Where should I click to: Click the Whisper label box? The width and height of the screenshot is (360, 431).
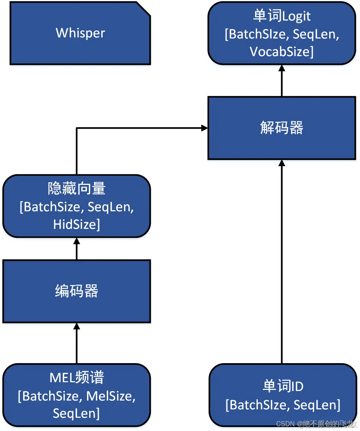pyautogui.click(x=80, y=33)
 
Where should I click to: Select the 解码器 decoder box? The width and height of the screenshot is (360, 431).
pyautogui.click(x=281, y=128)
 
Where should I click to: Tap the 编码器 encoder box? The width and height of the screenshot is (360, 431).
pyautogui.click(x=76, y=291)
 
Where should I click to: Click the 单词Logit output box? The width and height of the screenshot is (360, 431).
pyautogui.click(x=281, y=33)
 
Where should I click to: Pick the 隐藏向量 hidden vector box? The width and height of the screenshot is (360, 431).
pyautogui.click(x=76, y=207)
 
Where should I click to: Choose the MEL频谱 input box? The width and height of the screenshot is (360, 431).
pyautogui.click(x=76, y=395)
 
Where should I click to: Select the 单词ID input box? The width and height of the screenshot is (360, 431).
pyautogui.click(x=283, y=395)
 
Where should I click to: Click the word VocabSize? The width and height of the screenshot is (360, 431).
pyautogui.click(x=279, y=52)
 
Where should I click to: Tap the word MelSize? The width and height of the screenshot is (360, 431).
pyautogui.click(x=110, y=396)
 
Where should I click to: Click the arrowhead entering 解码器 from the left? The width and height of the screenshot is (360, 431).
pyautogui.click(x=204, y=128)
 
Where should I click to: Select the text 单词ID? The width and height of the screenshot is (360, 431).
pyautogui.click(x=283, y=386)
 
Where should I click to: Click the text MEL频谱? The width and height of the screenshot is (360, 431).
pyautogui.click(x=76, y=378)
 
